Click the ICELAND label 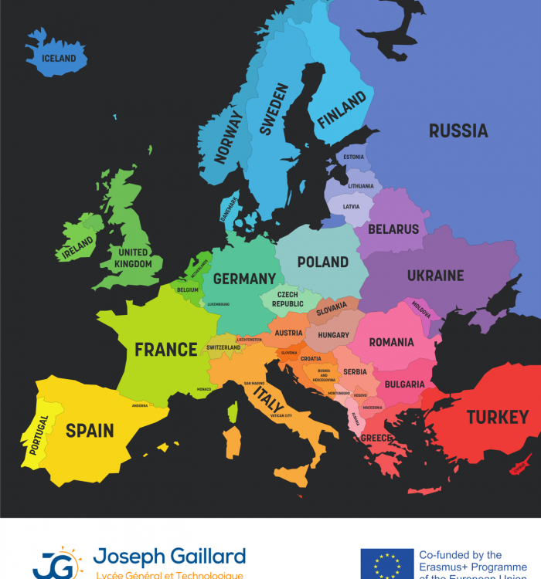59,58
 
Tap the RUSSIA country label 458,130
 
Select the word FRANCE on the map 165,350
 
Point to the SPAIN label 90,431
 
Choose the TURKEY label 497,418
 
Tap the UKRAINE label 435,275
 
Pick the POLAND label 322,262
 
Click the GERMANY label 244,279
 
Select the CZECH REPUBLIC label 288,300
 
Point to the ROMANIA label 391,342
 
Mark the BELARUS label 393,229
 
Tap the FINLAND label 342,110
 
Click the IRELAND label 78,248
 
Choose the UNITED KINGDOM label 133,258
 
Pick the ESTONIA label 354,157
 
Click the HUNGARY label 334,335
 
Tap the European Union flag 386,564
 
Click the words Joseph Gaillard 169,556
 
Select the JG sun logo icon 56,564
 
